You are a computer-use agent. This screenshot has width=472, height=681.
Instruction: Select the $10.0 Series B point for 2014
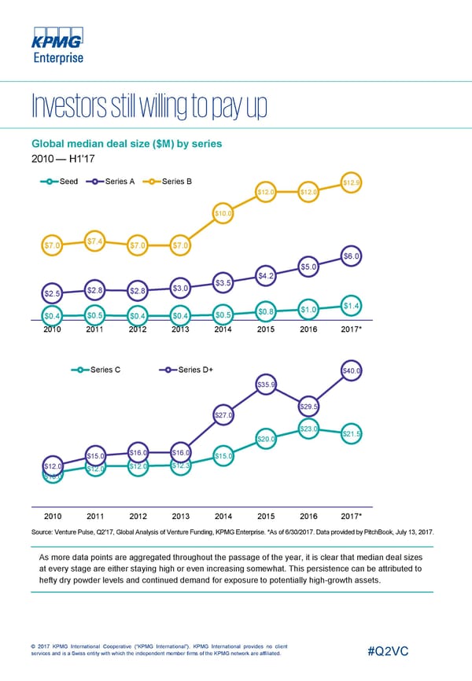(x=223, y=212)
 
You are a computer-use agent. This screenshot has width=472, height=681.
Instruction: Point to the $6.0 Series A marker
(x=352, y=255)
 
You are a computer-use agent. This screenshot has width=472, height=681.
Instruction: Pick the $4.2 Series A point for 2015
(x=266, y=275)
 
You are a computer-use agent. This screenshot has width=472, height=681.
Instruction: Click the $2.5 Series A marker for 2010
(x=52, y=294)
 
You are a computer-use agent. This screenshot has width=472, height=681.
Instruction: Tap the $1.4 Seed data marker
(x=352, y=305)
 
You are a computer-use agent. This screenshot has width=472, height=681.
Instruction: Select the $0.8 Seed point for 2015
(x=266, y=313)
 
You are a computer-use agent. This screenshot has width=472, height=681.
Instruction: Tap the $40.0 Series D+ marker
(x=352, y=371)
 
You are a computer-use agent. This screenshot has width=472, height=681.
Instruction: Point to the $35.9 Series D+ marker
(x=266, y=385)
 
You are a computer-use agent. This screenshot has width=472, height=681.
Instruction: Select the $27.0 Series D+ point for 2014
(x=223, y=415)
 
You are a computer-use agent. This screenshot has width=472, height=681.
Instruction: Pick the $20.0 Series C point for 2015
(x=266, y=440)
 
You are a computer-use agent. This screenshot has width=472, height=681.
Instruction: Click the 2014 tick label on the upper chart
(x=223, y=329)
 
